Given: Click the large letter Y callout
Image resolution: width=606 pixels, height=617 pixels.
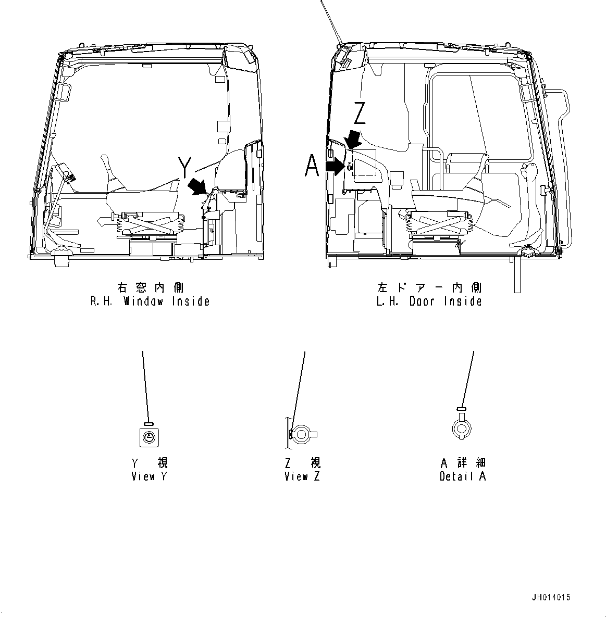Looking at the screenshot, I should pyautogui.click(x=184, y=167).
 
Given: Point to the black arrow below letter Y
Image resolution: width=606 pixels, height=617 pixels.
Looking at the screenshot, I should pyautogui.click(x=197, y=185).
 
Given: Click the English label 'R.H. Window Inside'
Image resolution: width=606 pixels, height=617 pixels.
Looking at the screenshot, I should pyautogui.click(x=150, y=301).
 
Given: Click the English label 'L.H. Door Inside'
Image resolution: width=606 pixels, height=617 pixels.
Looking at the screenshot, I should pyautogui.click(x=429, y=301).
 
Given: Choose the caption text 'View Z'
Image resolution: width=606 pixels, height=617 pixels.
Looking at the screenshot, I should pyautogui.click(x=302, y=476).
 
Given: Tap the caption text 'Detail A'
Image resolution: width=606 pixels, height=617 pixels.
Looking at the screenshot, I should pyautogui.click(x=463, y=476).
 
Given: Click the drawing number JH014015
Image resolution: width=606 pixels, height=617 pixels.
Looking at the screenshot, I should pyautogui.click(x=551, y=598).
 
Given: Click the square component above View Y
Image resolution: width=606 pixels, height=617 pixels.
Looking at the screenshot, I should pyautogui.click(x=150, y=437).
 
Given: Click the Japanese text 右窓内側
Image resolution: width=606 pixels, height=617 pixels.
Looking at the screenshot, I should pyautogui.click(x=150, y=287).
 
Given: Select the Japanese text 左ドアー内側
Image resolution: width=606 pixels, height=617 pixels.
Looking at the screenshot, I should pyautogui.click(x=429, y=287).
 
